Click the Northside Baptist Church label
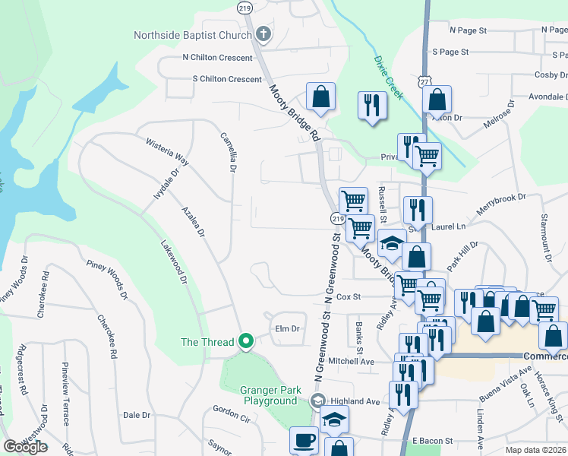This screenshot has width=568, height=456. coord(192,35)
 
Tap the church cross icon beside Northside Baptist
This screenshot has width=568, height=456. coord(263,34)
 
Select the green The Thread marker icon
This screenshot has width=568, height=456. coord(245,342)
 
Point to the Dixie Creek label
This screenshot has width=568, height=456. coord(387,74)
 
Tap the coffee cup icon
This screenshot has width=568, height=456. coord(304,440)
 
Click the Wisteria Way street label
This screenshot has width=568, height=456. coord(166,149)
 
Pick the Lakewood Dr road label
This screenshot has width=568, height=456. coord(174,263)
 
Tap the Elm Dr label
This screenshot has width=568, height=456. coord(288,329)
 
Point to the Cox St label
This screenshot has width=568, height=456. coord(348,296)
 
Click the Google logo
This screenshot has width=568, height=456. coord(25,446)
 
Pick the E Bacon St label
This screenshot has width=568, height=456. coord(432,441)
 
